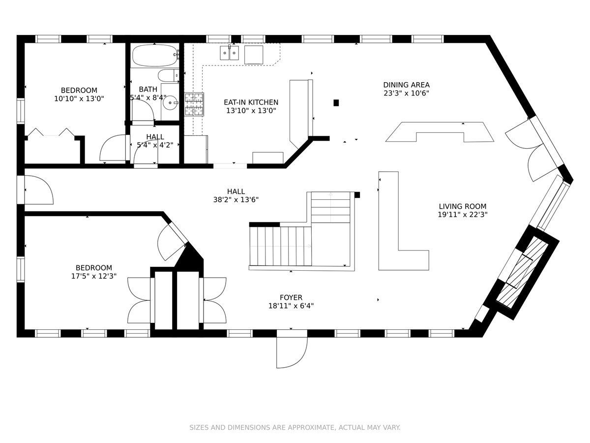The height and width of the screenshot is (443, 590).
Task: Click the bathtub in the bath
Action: click(155, 56)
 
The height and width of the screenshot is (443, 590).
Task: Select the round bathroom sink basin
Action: click(171, 102)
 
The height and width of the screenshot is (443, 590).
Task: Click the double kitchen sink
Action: click(230, 53)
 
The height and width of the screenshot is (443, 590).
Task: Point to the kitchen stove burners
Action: click(194, 104)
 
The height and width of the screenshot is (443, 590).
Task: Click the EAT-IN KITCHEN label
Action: click(251, 102)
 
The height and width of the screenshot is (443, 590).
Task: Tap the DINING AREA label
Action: click(406, 85)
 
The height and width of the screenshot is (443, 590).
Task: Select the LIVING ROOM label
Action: click(463, 207)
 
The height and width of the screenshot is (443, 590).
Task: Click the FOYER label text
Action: click(291, 297)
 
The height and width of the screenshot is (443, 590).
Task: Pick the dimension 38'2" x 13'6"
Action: click(236, 200)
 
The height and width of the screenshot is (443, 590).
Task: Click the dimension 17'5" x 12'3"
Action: click(93, 276)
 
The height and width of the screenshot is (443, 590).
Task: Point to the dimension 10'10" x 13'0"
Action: click(79, 99)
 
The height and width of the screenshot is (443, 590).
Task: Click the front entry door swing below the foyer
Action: click(292, 352)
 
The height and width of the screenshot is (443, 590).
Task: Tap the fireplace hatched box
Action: click(522, 273)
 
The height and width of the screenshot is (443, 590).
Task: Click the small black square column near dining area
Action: click(336, 103)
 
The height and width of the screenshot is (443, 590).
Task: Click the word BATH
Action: click(148, 89)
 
